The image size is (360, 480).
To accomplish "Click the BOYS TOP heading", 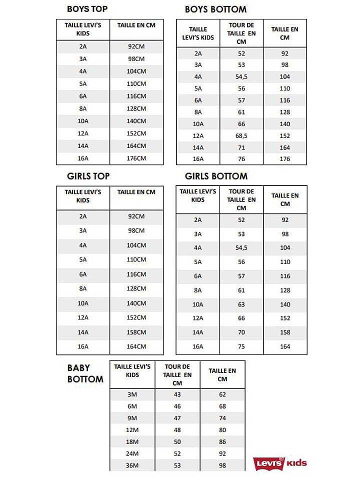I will pos(87,9).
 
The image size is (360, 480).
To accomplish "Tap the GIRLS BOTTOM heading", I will pos(216,176).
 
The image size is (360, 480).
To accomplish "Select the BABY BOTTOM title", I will pos(85,374).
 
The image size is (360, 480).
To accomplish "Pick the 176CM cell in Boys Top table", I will pos(136,158).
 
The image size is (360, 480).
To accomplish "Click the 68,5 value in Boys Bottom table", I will pos(241,135).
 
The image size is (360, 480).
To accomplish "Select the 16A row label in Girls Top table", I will pos(83,346).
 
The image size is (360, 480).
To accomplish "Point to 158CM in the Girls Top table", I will pos(136,332).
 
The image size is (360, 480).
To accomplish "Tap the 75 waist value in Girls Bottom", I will pos(241,346).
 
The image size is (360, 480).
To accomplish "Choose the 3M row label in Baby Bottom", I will pos(132,394).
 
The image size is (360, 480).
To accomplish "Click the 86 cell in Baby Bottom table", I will pos(222,442).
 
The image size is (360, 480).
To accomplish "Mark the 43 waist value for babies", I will pos(177,394).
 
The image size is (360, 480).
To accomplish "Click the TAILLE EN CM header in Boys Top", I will pos(136,25).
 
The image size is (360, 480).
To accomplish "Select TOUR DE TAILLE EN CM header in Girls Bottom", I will pos(241,199).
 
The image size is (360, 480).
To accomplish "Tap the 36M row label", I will pos(132,465).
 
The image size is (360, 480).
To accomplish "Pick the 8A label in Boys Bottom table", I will pos(198,112).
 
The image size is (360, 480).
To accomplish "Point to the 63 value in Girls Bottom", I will pos(241,304).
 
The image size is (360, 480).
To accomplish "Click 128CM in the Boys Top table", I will pos(136,108).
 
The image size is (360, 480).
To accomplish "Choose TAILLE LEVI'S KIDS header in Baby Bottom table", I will pos(132,370).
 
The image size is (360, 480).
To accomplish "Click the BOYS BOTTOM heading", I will pos(215,9).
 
